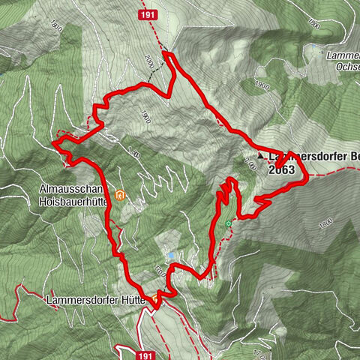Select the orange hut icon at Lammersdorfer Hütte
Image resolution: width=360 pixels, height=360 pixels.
coord(155,299)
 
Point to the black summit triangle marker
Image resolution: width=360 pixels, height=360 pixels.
coord(261,156)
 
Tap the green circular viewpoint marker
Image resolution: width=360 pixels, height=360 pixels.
coord(228,223)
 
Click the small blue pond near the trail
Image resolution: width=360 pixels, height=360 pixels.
coord(171,256)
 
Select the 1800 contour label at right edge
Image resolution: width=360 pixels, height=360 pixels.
coord(324,223)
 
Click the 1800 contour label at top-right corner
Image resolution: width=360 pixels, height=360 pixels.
coord(313,25)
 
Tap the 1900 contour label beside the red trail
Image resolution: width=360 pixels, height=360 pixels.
coord(145,117)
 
